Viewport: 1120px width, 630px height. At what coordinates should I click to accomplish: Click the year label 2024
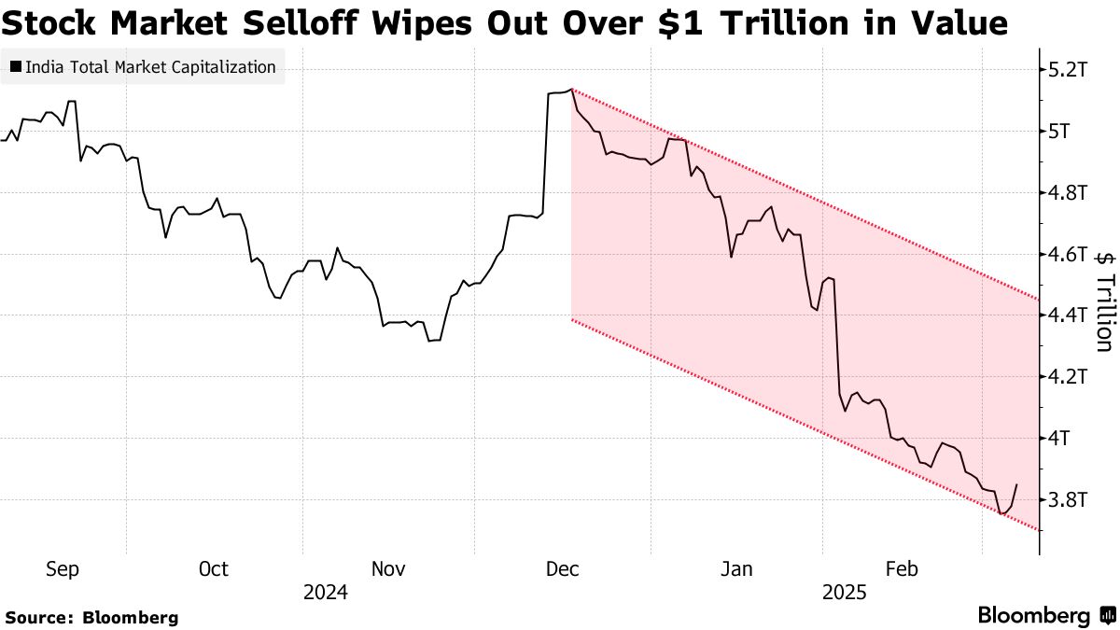click(325, 593)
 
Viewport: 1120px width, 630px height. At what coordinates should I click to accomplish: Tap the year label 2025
click(845, 593)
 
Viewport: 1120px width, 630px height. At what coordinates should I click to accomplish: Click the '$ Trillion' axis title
click(1103, 301)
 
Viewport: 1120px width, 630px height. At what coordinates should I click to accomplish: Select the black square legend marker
click(16, 67)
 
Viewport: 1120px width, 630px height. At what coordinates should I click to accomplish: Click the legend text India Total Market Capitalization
click(150, 67)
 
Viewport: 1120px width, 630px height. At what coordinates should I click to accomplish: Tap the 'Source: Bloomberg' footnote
click(91, 617)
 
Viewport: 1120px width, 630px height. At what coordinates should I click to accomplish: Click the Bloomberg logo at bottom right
click(1045, 616)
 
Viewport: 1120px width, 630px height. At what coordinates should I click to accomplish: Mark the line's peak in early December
click(571, 90)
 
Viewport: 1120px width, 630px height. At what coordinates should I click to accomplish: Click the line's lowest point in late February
click(1001, 513)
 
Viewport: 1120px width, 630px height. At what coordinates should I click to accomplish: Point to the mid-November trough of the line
click(429, 342)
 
